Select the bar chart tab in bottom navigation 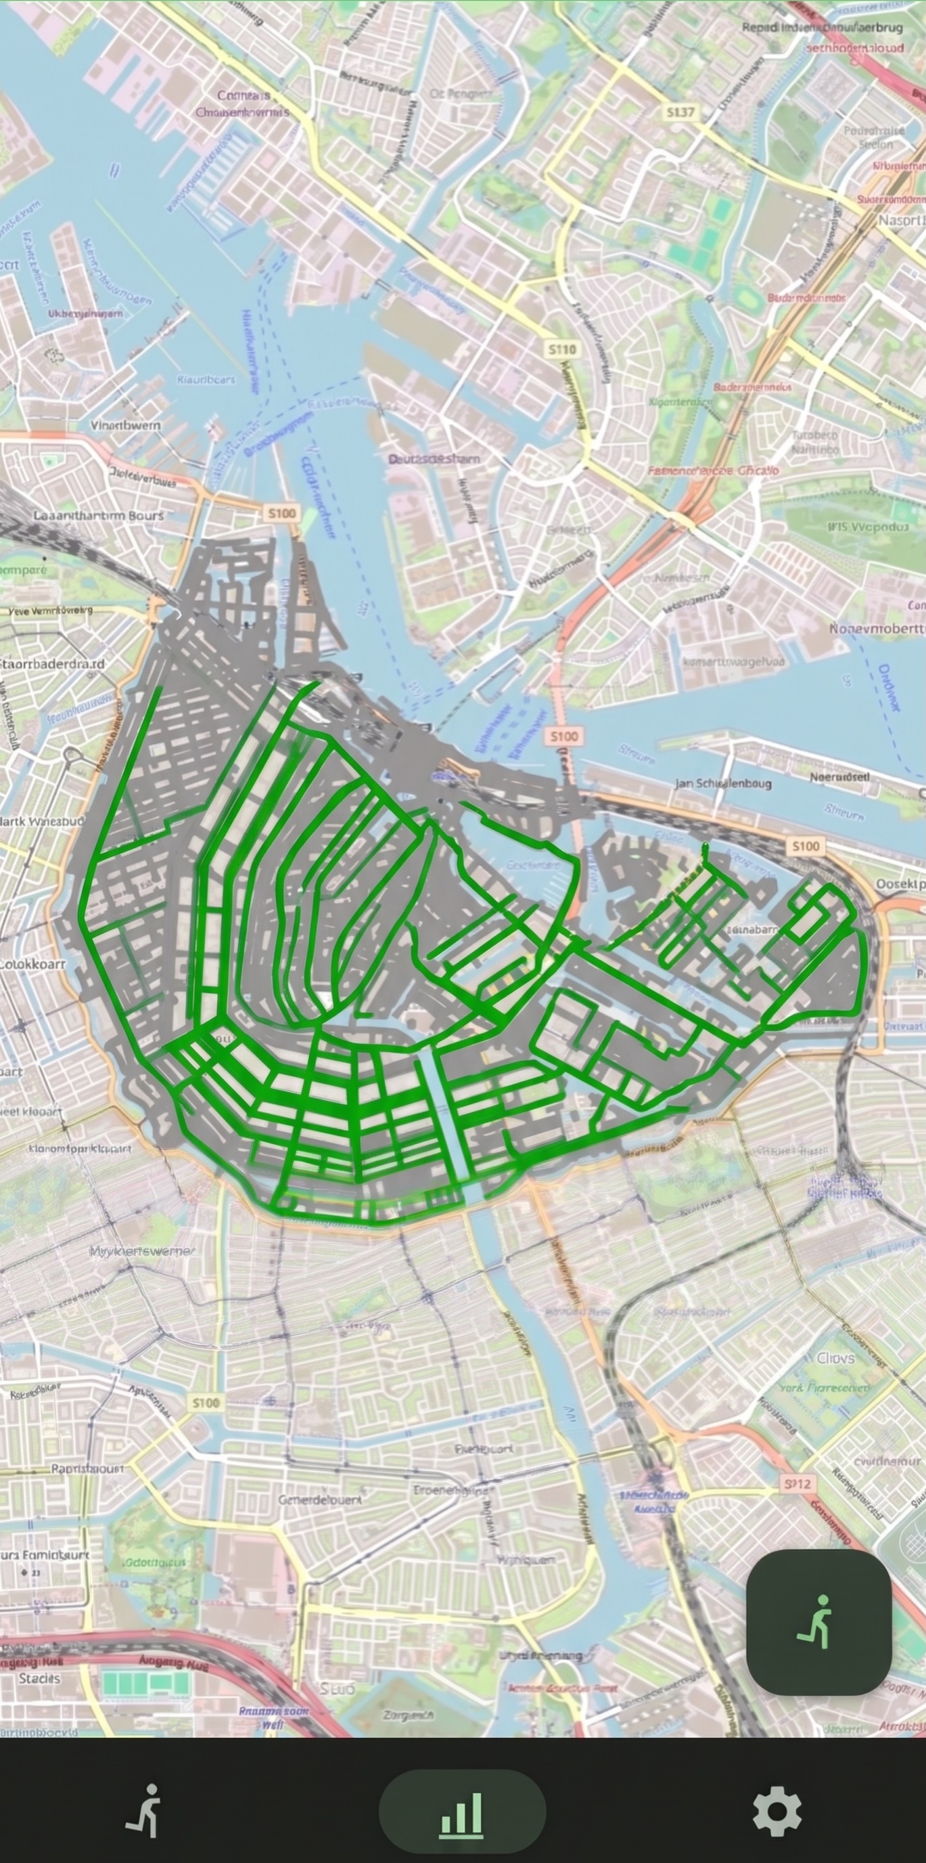[x=462, y=1811]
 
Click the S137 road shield [x=680, y=112]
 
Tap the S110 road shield [x=561, y=349]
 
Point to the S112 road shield [x=797, y=1484]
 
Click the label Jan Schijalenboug [x=723, y=783]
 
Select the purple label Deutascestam [x=434, y=458]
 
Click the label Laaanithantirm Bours [x=98, y=516]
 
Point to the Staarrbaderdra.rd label [x=52, y=664]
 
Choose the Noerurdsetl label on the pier [x=839, y=776]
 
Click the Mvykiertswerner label [x=141, y=1250]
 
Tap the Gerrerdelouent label [x=320, y=1500]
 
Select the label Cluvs [x=835, y=1358]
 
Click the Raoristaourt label [x=87, y=1468]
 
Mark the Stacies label [x=39, y=1678]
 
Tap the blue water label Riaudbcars [x=206, y=379]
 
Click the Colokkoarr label [x=32, y=964]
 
